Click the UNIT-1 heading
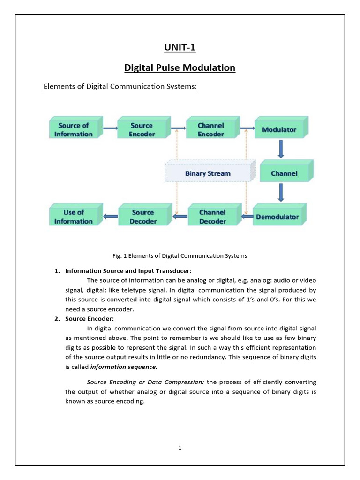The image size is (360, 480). pos(180,47)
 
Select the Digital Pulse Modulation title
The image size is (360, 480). pos(180,68)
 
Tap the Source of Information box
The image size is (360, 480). pos(73,129)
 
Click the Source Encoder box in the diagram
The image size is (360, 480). pos(142,129)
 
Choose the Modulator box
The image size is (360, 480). pos(279,129)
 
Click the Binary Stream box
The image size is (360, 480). pos(208,173)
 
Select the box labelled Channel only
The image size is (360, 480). pos(284,173)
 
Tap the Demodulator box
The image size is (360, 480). pos(277,217)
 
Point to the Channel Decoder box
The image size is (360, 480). pos(212,217)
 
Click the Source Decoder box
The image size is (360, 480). pos(143,217)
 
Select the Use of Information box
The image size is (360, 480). pos(73,217)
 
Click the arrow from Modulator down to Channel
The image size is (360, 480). pos(281,149)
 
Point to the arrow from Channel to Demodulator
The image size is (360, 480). pos(281,192)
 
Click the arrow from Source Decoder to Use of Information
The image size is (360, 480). pos(111,216)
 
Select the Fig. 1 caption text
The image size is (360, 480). pos(180,256)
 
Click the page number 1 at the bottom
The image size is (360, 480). pos(180,448)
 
